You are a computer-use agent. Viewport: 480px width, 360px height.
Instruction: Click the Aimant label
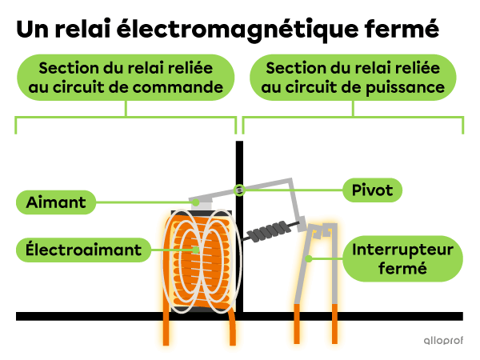pos(55,202)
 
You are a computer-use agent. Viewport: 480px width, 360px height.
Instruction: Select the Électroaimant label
pos(83,250)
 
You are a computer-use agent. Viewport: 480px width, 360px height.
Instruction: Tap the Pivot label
pos(372,190)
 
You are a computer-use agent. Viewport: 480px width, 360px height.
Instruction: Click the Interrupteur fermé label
pos(403,258)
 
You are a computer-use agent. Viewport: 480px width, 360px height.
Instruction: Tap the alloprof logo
pos(442,340)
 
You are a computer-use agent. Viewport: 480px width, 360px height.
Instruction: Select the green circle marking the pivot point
pos(238,190)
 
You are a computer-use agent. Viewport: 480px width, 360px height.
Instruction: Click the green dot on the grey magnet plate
pos(194,202)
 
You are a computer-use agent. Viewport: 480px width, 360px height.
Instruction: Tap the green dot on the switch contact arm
pos(310,258)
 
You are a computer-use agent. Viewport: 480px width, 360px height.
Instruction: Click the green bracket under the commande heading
pos(126,118)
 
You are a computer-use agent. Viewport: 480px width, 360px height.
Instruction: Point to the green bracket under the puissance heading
pos(353,118)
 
